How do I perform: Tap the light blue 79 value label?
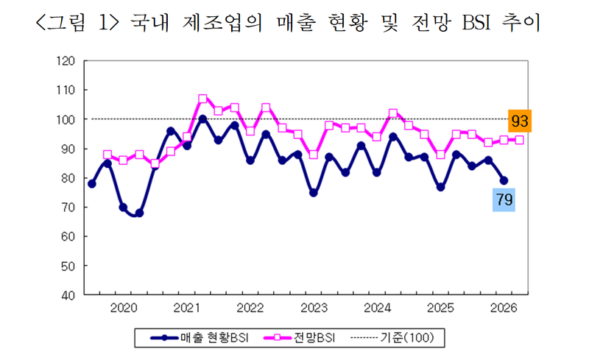click(x=503, y=199)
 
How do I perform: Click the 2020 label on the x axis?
click(x=122, y=307)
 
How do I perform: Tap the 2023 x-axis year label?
click(x=314, y=307)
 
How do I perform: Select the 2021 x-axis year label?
click(x=186, y=307)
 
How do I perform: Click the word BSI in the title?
click(x=479, y=24)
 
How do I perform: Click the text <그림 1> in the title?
click(x=74, y=24)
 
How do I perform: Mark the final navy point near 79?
click(x=504, y=180)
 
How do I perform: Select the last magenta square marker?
click(x=519, y=140)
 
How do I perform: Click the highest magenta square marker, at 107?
click(x=202, y=98)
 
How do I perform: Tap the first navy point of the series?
click(x=91, y=184)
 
